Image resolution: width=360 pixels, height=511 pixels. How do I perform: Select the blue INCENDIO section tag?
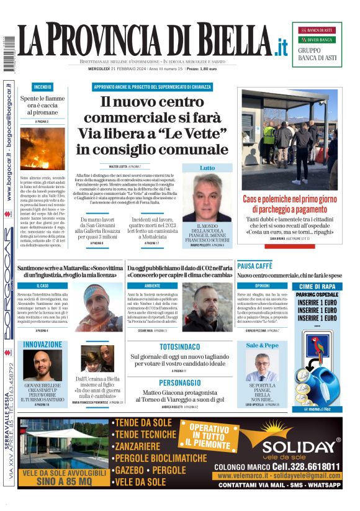tap(43, 88)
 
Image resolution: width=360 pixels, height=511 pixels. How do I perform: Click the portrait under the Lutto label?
tap(207, 197)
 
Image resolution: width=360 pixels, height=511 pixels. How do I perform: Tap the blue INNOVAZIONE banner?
tap(43, 344)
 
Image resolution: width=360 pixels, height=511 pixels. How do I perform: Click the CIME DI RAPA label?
tap(317, 286)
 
